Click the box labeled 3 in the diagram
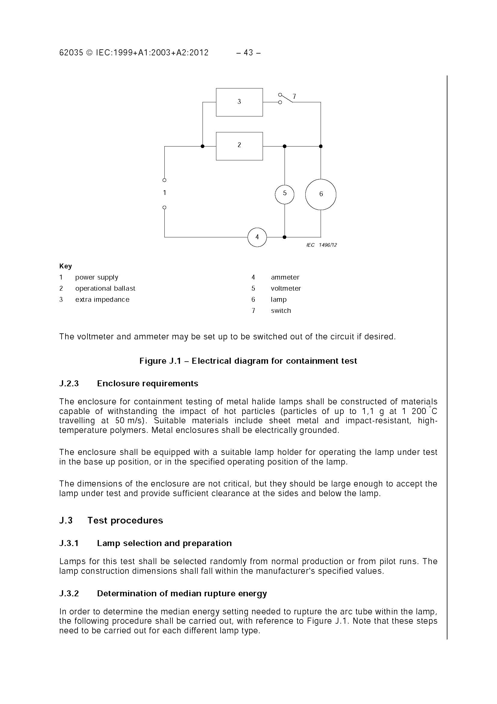pyautogui.click(x=239, y=102)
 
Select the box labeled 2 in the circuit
pyautogui.click(x=239, y=146)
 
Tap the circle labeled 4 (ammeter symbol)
pyautogui.click(x=257, y=237)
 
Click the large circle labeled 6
pyautogui.click(x=321, y=194)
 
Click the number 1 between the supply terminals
pyautogui.click(x=165, y=193)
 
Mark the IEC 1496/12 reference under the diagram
pyautogui.click(x=322, y=245)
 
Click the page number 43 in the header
pyautogui.click(x=248, y=53)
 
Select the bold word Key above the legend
pyautogui.click(x=66, y=266)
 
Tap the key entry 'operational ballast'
pyautogui.click(x=105, y=288)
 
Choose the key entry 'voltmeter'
pyautogui.click(x=286, y=288)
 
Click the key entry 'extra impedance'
pyautogui.click(x=102, y=299)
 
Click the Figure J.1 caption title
pyautogui.click(x=248, y=361)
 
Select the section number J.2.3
pyautogui.click(x=69, y=383)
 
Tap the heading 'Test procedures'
pyautogui.click(x=125, y=520)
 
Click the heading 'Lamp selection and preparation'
pyautogui.click(x=164, y=543)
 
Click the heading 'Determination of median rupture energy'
pyautogui.click(x=182, y=593)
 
